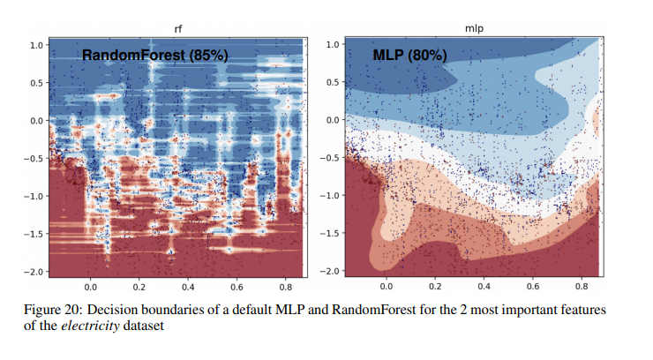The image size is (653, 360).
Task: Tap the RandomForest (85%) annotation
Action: pos(155,56)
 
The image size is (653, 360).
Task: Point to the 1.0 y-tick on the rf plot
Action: pos(37,44)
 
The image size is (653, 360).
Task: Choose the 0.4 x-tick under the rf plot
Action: pos(188,288)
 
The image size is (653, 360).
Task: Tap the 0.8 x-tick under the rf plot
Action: pos(285,288)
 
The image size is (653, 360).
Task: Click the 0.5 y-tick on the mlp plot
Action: pos(334,82)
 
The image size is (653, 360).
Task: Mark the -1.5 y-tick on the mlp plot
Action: pos(330,233)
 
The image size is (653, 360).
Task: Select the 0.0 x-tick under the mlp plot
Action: pos(386,288)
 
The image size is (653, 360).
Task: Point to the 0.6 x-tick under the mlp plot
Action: pos(532,288)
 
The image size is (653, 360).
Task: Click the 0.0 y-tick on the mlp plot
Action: pos(334,120)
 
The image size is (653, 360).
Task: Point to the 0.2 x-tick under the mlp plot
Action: pos(434,288)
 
